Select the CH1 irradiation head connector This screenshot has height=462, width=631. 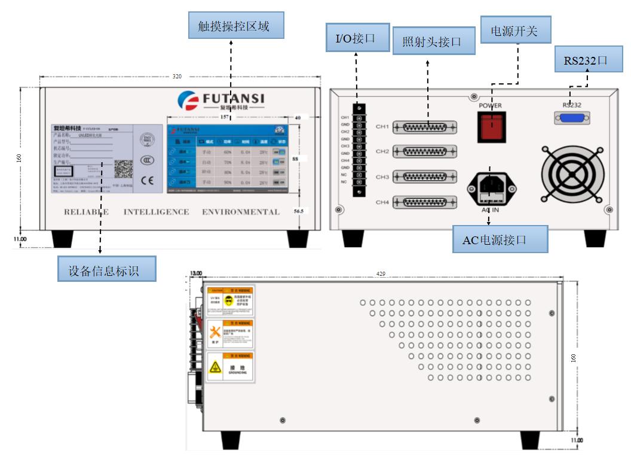[x=429, y=127]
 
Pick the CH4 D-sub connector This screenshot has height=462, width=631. [x=429, y=203]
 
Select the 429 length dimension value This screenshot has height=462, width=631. [x=381, y=274]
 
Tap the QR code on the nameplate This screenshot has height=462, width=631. [x=123, y=170]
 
